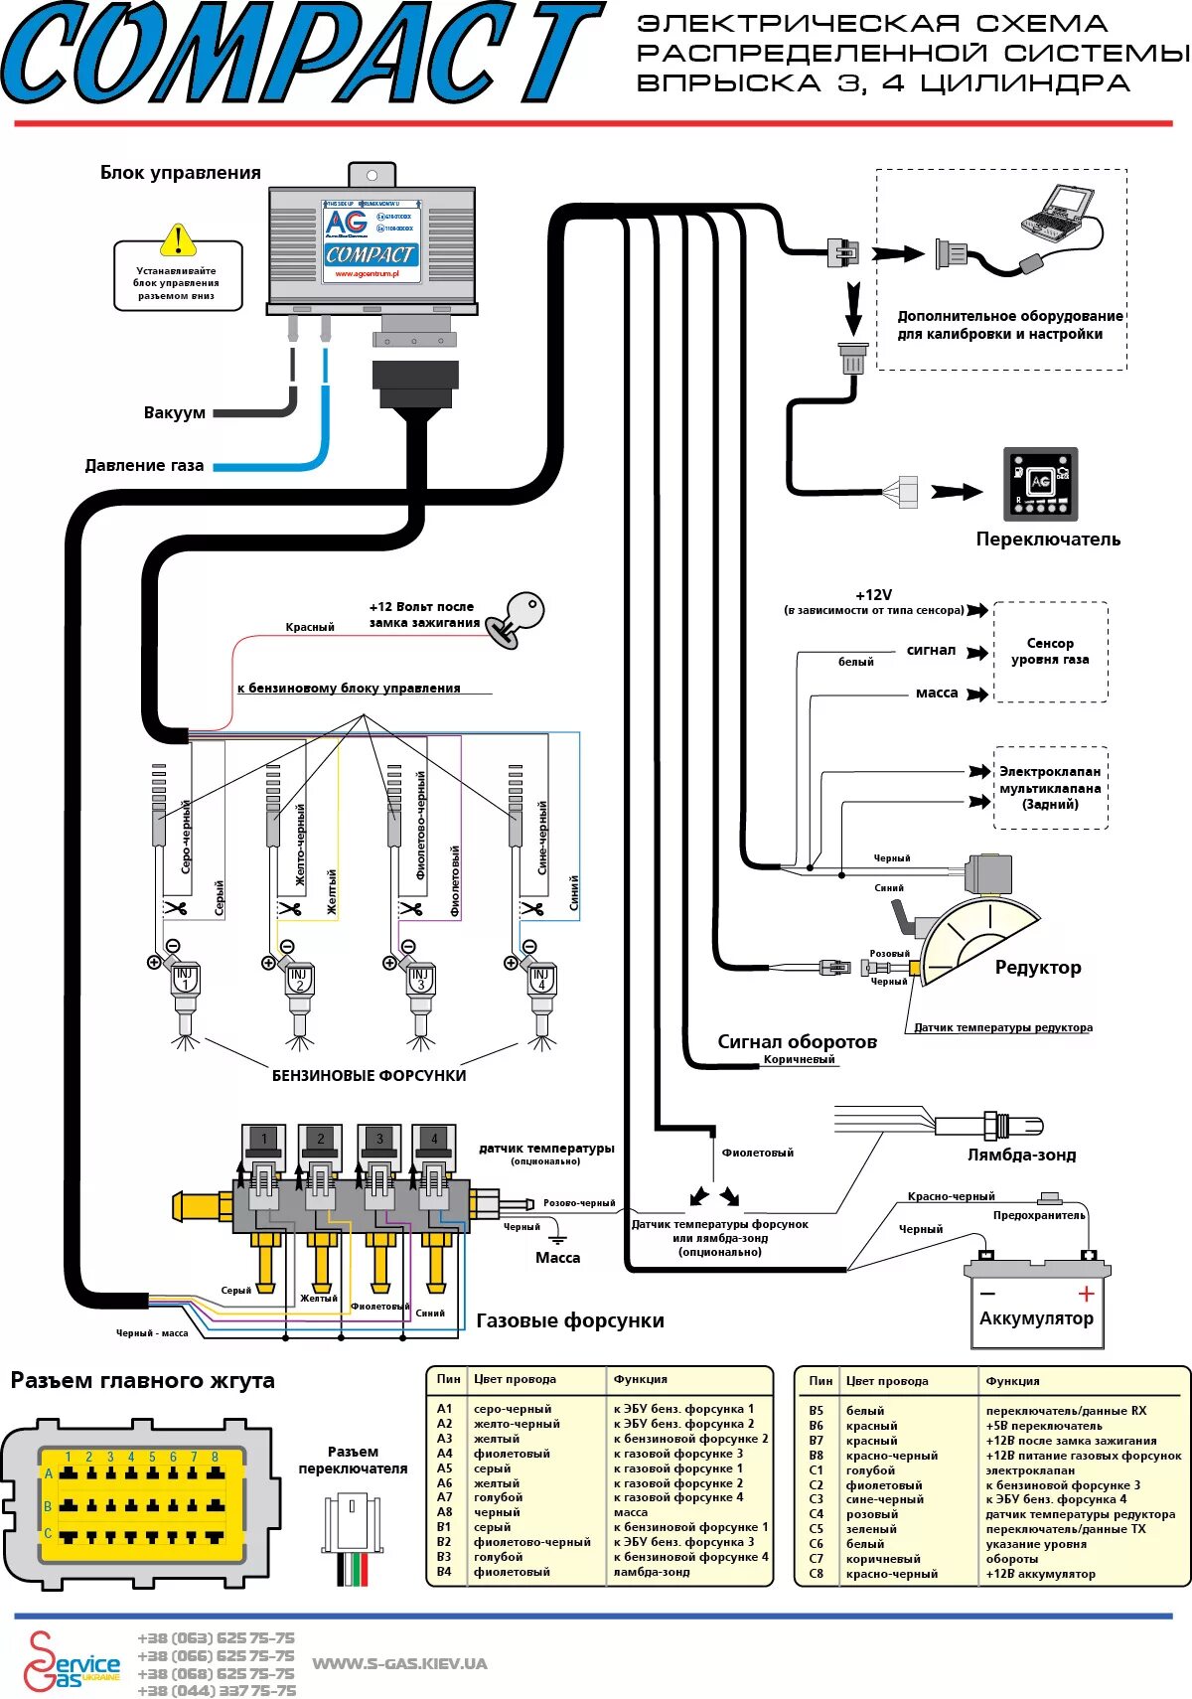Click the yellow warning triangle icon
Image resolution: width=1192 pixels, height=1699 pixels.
(178, 240)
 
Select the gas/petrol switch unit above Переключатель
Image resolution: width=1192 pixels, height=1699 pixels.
(1039, 484)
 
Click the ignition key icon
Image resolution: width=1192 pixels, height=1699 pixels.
(520, 617)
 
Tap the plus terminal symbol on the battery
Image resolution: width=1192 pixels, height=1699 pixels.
(1086, 1294)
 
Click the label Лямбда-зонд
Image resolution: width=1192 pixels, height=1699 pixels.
(1021, 1155)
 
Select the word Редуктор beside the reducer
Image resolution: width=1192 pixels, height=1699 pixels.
(1037, 967)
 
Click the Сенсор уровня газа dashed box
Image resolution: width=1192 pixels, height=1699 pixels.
(1050, 652)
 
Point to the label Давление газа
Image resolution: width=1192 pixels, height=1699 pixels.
(144, 465)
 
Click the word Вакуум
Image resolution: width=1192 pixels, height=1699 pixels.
(174, 412)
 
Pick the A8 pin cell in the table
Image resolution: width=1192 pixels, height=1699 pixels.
(444, 1512)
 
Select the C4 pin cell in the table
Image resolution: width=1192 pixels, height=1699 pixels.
(816, 1514)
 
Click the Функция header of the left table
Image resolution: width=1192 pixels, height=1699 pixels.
(640, 1379)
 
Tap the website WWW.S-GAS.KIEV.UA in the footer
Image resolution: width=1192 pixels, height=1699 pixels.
(399, 1663)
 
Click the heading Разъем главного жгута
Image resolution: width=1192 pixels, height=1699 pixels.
(142, 1380)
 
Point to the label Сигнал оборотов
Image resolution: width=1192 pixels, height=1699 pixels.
(797, 1041)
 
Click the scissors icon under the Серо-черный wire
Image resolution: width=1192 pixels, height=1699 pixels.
(175, 907)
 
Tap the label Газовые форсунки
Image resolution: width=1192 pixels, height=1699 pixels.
(570, 1320)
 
